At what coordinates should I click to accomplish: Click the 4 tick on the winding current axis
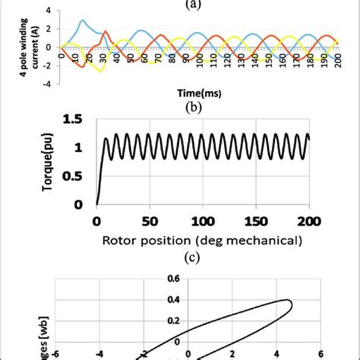point(49,11)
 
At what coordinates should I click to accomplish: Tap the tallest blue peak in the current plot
point(83,21)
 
